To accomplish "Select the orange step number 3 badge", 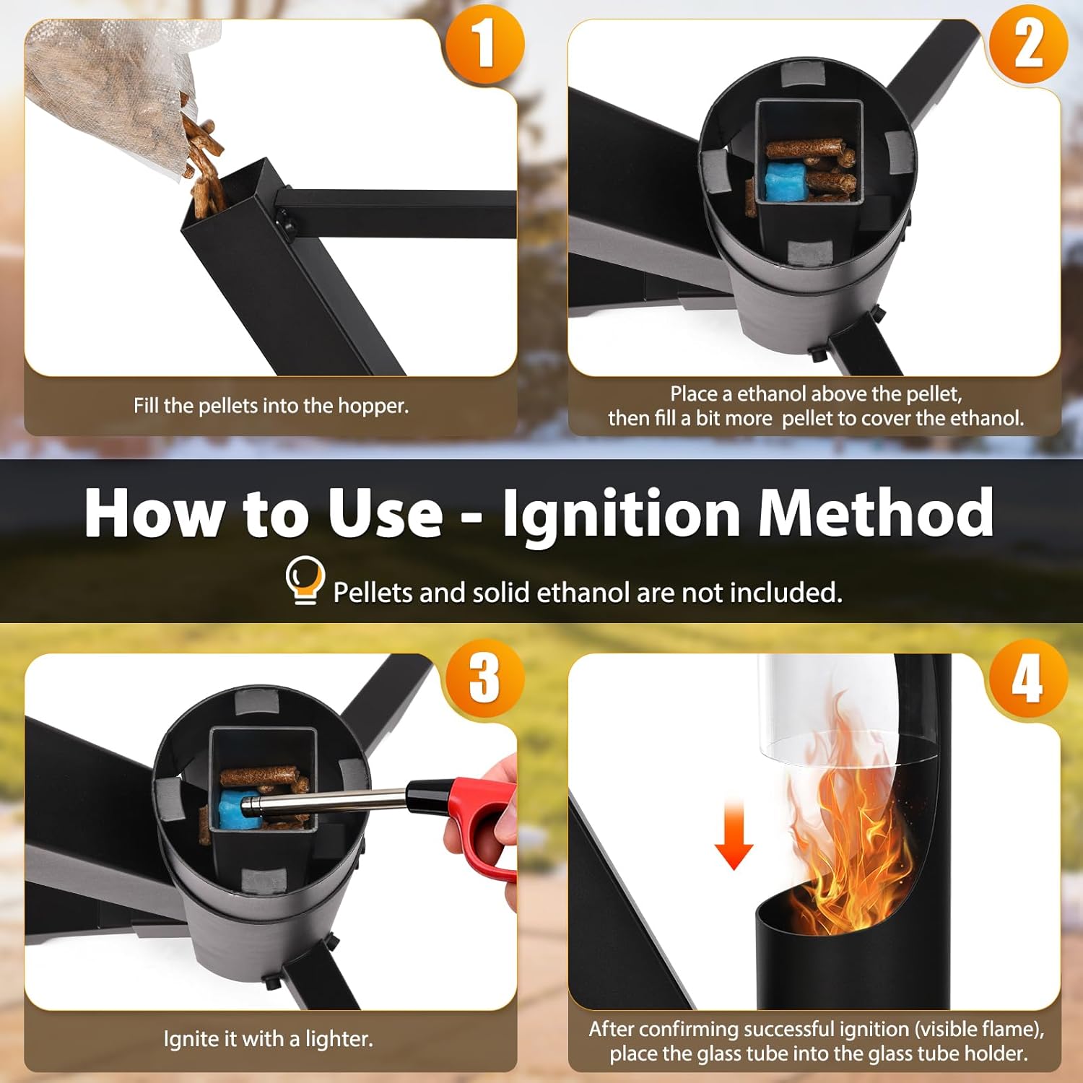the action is pyautogui.click(x=484, y=678).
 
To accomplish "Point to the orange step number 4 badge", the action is pyautogui.click(x=1028, y=678).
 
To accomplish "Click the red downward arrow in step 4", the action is pyautogui.click(x=734, y=834).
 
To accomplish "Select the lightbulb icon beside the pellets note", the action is pyautogui.click(x=305, y=579).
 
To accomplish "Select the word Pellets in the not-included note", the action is pyautogui.click(x=373, y=592).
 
